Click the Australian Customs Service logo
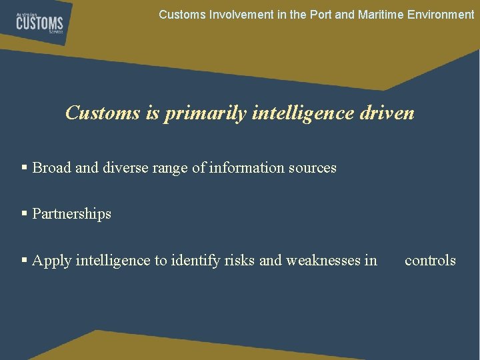pyautogui.click(x=39, y=24)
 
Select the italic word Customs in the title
pyautogui.click(x=103, y=113)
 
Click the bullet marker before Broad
pyautogui.click(x=25, y=168)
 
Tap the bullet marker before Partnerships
pyautogui.click(x=25, y=214)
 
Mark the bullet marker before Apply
pyautogui.click(x=25, y=261)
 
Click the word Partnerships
pyautogui.click(x=72, y=214)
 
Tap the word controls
pyautogui.click(x=430, y=261)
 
